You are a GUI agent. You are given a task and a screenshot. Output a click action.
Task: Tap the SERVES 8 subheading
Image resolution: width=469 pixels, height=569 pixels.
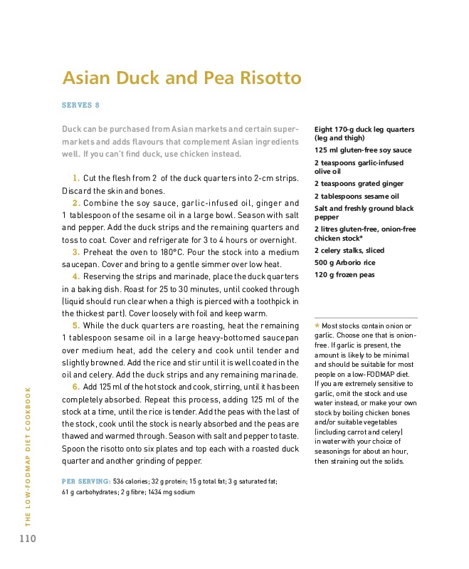[80, 105]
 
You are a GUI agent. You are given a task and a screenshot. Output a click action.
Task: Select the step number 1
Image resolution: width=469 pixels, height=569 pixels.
[75, 178]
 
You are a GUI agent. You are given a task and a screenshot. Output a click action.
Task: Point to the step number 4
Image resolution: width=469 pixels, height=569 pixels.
[75, 276]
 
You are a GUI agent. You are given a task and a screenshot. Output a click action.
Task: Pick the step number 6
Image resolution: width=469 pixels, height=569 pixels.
[75, 387]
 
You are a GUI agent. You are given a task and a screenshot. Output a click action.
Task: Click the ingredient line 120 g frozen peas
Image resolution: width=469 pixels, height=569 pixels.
[344, 275]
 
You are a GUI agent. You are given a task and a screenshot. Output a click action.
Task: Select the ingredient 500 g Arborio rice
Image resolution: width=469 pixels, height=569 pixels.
[344, 263]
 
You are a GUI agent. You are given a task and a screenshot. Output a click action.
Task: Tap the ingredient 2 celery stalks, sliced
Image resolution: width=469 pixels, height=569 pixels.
[349, 251]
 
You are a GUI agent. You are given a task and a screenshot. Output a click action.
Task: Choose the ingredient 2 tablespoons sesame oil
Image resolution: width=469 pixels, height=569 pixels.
[357, 196]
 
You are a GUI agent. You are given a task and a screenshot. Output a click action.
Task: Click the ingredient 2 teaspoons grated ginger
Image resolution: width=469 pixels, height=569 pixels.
[359, 184]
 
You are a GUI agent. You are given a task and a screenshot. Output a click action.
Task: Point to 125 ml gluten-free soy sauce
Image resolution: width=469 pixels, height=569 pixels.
[362, 150]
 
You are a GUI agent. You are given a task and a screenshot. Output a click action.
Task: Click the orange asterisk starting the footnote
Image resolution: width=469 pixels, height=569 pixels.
[317, 326]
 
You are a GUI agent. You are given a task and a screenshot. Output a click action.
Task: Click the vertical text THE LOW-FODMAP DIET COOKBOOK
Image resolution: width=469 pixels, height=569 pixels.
[28, 455]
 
